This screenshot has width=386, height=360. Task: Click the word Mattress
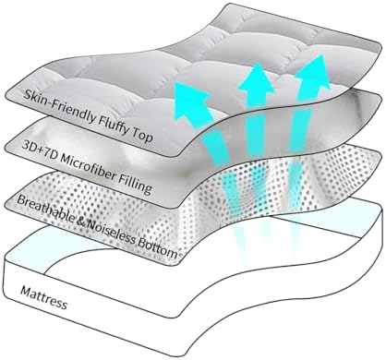(x=43, y=298)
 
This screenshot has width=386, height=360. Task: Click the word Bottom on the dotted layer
(x=158, y=248)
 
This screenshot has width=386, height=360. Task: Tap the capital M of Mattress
(x=26, y=291)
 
